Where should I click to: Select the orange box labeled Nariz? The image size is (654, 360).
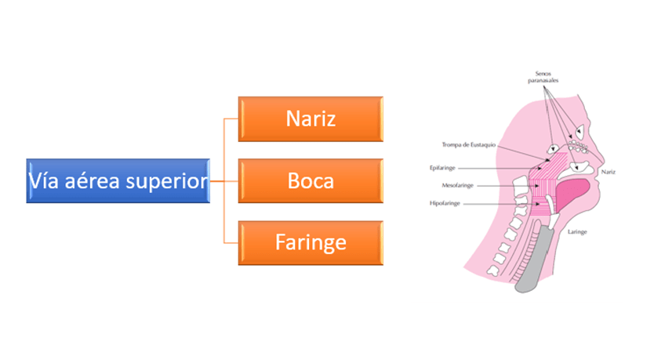[x=311, y=119]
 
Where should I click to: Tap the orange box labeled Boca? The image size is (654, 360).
[x=311, y=181]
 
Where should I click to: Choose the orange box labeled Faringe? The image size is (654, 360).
[x=311, y=243]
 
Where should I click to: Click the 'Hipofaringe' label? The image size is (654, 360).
[x=446, y=203]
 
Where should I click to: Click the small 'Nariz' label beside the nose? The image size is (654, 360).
[x=607, y=171]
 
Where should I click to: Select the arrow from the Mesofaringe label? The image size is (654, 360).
[x=502, y=186]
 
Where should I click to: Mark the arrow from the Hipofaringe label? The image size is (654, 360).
[x=502, y=204]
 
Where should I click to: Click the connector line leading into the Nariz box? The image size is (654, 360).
[x=230, y=119]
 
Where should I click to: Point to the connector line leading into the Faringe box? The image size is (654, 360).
[x=230, y=243]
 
